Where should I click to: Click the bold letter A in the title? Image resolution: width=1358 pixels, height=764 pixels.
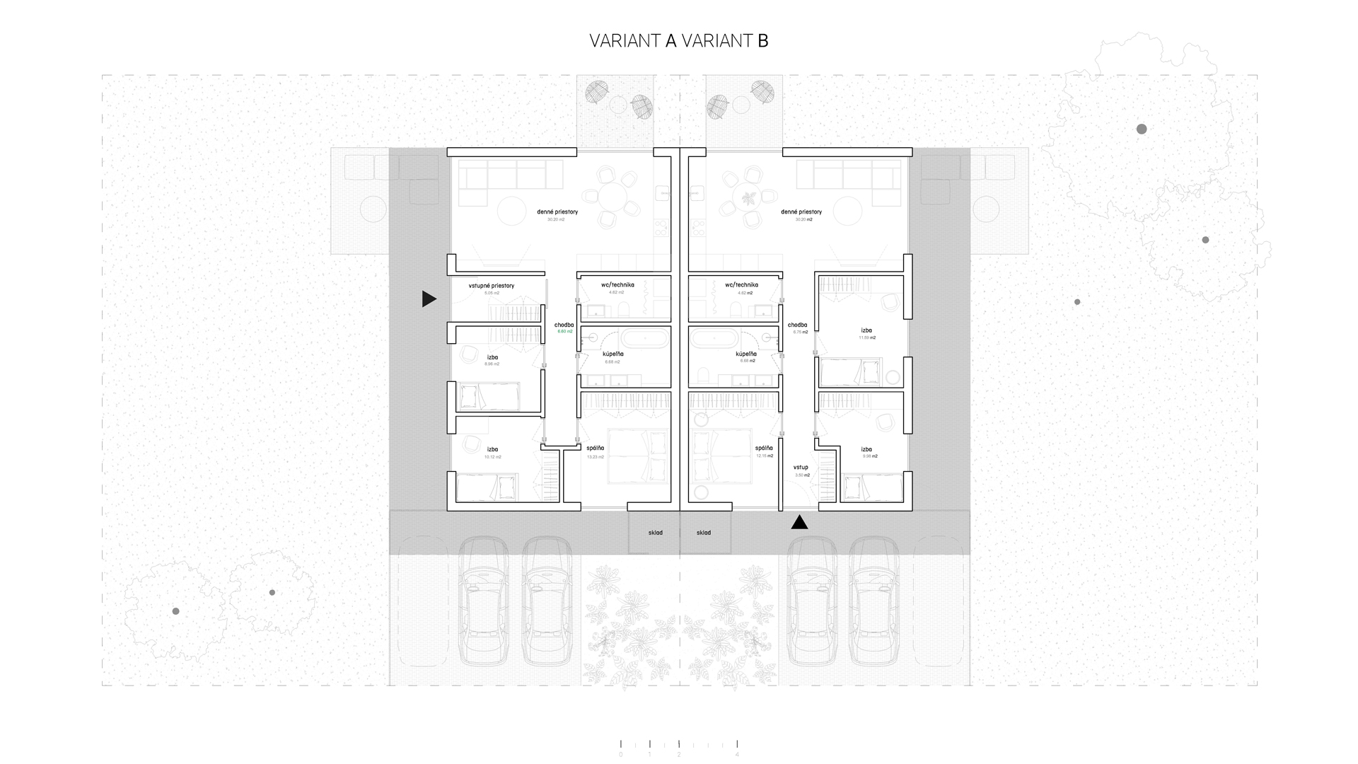671,41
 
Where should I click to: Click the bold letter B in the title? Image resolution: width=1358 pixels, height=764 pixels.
762,41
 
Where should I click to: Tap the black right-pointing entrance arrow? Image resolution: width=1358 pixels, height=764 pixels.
429,299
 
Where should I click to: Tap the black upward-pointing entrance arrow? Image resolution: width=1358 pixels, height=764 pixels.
799,523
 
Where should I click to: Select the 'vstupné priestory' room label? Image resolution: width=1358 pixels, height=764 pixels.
492,286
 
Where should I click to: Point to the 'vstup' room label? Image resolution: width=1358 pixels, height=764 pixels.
801,468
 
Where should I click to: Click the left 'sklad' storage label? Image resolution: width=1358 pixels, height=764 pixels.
656,533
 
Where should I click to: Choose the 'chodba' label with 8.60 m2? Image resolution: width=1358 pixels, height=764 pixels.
564,325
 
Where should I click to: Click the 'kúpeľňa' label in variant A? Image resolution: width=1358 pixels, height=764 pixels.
613,354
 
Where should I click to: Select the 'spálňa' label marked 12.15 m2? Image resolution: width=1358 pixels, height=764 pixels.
764,448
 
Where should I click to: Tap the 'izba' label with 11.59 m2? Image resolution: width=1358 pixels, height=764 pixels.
866,330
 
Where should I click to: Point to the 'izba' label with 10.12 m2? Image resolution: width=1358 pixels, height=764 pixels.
492,449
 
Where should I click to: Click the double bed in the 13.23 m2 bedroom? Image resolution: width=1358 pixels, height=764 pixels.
638,455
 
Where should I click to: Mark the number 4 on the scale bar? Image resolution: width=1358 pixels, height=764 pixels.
738,755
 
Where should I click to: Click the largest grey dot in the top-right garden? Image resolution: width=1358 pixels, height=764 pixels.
1142,129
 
